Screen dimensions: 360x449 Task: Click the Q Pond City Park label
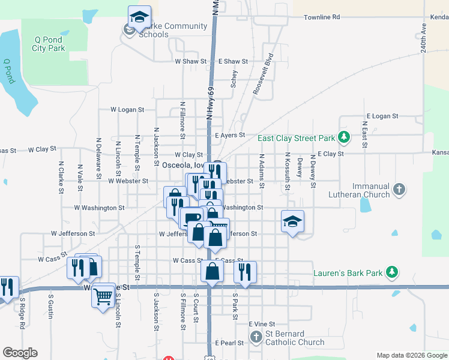pos(49,44)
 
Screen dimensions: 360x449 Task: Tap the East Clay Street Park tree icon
pos(344,137)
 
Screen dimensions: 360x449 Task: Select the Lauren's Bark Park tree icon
pos(391,272)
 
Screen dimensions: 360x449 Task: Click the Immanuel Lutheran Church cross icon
pos(399,190)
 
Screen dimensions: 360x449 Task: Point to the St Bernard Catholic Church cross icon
pos(256,337)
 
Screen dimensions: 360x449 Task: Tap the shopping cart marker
pos(103,295)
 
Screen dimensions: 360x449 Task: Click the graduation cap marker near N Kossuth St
pos(292,222)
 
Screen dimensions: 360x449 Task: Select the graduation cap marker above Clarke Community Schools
pos(139,17)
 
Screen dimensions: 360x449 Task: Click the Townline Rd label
pos(322,17)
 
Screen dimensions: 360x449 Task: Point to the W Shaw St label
pos(190,61)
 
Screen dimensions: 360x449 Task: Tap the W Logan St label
pos(128,110)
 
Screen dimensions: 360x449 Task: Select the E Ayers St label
pos(230,136)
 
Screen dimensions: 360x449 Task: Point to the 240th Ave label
pos(423,38)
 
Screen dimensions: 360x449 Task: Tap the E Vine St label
pos(261,323)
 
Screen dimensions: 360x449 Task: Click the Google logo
pos(20,353)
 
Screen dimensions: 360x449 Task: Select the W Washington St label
pos(99,208)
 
